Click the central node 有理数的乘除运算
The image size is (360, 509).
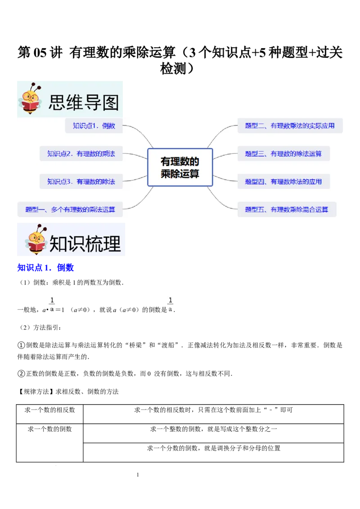(x=180, y=167)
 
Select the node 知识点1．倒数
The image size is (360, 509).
(x=94, y=126)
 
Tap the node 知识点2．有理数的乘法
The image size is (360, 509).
(x=81, y=154)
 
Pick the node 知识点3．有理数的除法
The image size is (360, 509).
(x=81, y=182)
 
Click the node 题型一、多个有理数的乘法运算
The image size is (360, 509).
(x=70, y=210)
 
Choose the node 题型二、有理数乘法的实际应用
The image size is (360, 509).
(x=290, y=126)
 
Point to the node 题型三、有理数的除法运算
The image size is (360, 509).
(x=283, y=154)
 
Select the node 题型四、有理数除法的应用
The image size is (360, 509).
(x=283, y=182)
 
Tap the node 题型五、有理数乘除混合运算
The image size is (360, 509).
(x=287, y=210)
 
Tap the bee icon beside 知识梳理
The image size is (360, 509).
(x=36, y=240)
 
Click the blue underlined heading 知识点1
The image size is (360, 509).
(x=45, y=268)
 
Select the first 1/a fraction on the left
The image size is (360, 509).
(x=52, y=304)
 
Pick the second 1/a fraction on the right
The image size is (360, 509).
(x=171, y=304)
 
